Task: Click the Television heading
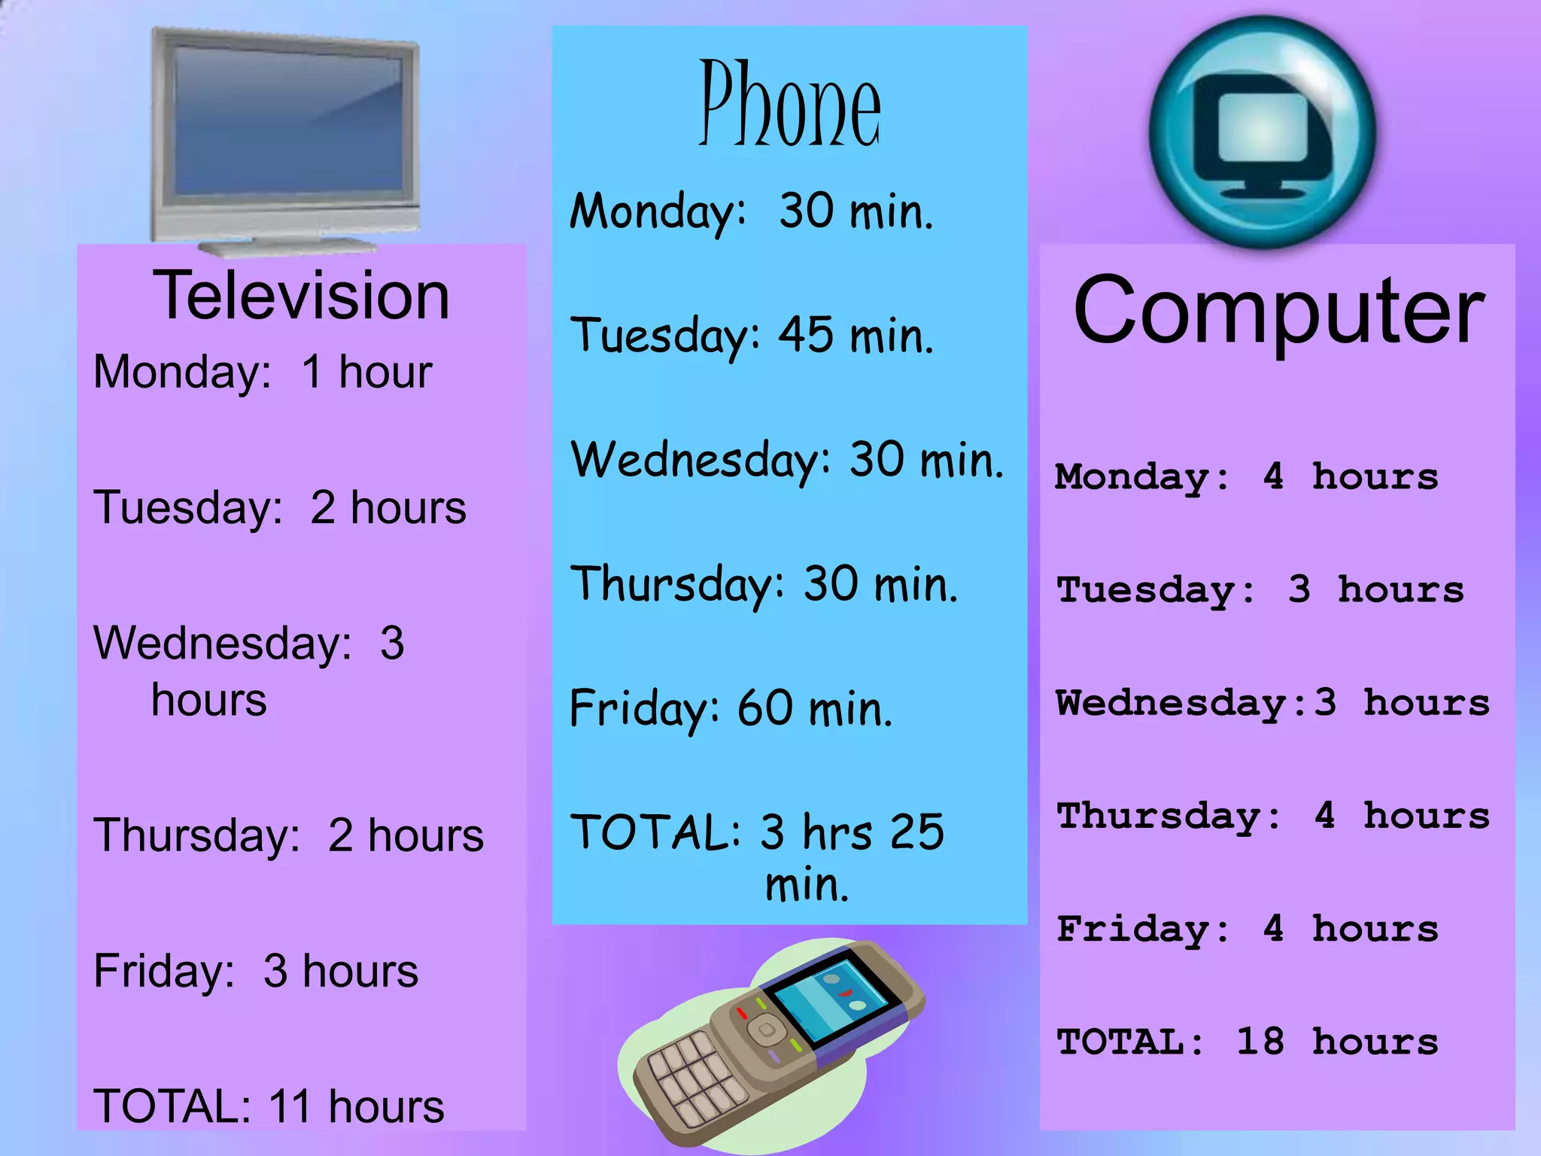pyautogui.click(x=301, y=296)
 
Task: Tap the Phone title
pyautogui.click(x=789, y=105)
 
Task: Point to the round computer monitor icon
pyautogui.click(x=1263, y=132)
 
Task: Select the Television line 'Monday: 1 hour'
pyautogui.click(x=263, y=372)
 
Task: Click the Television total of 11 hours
pyautogui.click(x=269, y=1106)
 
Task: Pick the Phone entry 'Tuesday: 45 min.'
pyautogui.click(x=752, y=336)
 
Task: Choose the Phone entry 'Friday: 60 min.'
pyautogui.click(x=731, y=709)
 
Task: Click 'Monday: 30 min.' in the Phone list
pyautogui.click(x=752, y=211)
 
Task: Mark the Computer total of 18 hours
pyautogui.click(x=1247, y=1042)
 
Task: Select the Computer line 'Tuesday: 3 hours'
pyautogui.click(x=1260, y=590)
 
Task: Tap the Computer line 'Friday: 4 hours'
pyautogui.click(x=1247, y=929)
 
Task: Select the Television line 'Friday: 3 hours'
pyautogui.click(x=256, y=971)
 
